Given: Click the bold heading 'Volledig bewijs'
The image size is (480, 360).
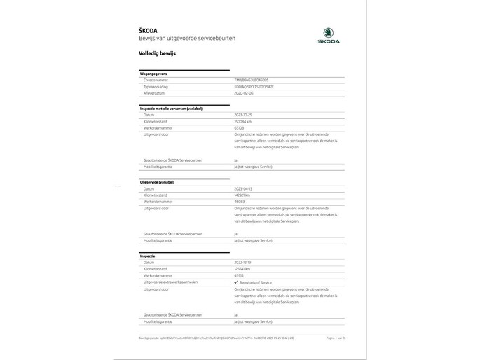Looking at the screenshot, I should click(158, 53).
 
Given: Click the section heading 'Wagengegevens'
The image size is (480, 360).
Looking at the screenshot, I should click(155, 74).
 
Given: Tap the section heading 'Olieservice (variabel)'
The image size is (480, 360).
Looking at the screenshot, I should click(158, 182).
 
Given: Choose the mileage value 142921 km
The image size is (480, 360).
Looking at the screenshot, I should click(244, 195).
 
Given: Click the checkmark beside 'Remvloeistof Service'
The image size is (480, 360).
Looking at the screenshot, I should click(236, 282).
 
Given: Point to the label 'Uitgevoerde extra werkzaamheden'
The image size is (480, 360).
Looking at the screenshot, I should click(170, 282).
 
